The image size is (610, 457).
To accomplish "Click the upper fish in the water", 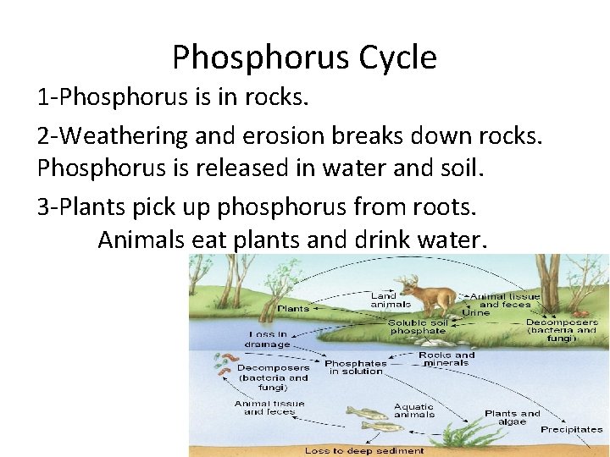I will [365, 413].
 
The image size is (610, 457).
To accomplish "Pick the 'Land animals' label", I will [391, 300].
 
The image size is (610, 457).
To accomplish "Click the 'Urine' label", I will [475, 312].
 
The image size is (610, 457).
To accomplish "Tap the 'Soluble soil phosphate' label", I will [419, 327].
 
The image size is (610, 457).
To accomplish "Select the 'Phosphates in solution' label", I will [356, 367].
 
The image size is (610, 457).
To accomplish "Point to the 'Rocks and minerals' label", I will [446, 359].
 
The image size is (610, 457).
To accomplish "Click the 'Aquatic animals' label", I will [414, 410].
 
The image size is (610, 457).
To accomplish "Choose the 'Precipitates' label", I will [572, 430].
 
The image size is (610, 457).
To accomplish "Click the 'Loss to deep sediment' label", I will [364, 450].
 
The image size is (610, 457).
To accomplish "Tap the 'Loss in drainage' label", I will [268, 339].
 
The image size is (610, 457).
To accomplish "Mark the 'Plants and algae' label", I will [513, 417].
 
